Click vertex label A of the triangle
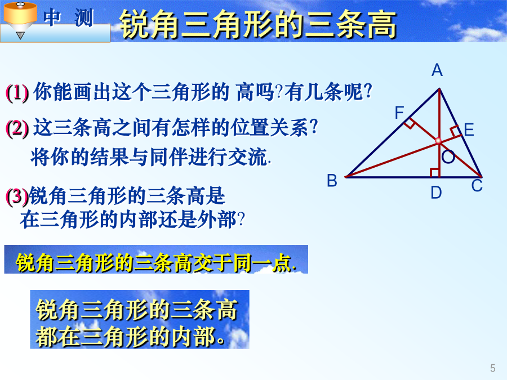click(x=437, y=70)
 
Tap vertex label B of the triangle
click(x=332, y=180)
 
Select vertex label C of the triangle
click(x=477, y=185)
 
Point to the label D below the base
click(x=436, y=193)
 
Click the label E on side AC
click(x=469, y=130)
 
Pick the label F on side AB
click(x=399, y=113)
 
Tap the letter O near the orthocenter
click(x=448, y=157)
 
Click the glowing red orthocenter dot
click(x=438, y=141)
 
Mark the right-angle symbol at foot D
click(x=434, y=173)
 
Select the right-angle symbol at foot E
click(x=455, y=131)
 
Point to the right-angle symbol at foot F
click(x=410, y=123)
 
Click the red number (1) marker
click(x=17, y=93)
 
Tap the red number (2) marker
click(x=17, y=128)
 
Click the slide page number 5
click(x=492, y=368)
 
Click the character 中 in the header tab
click(x=52, y=17)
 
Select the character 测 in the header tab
click(x=84, y=17)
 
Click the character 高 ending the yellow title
click(x=381, y=24)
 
